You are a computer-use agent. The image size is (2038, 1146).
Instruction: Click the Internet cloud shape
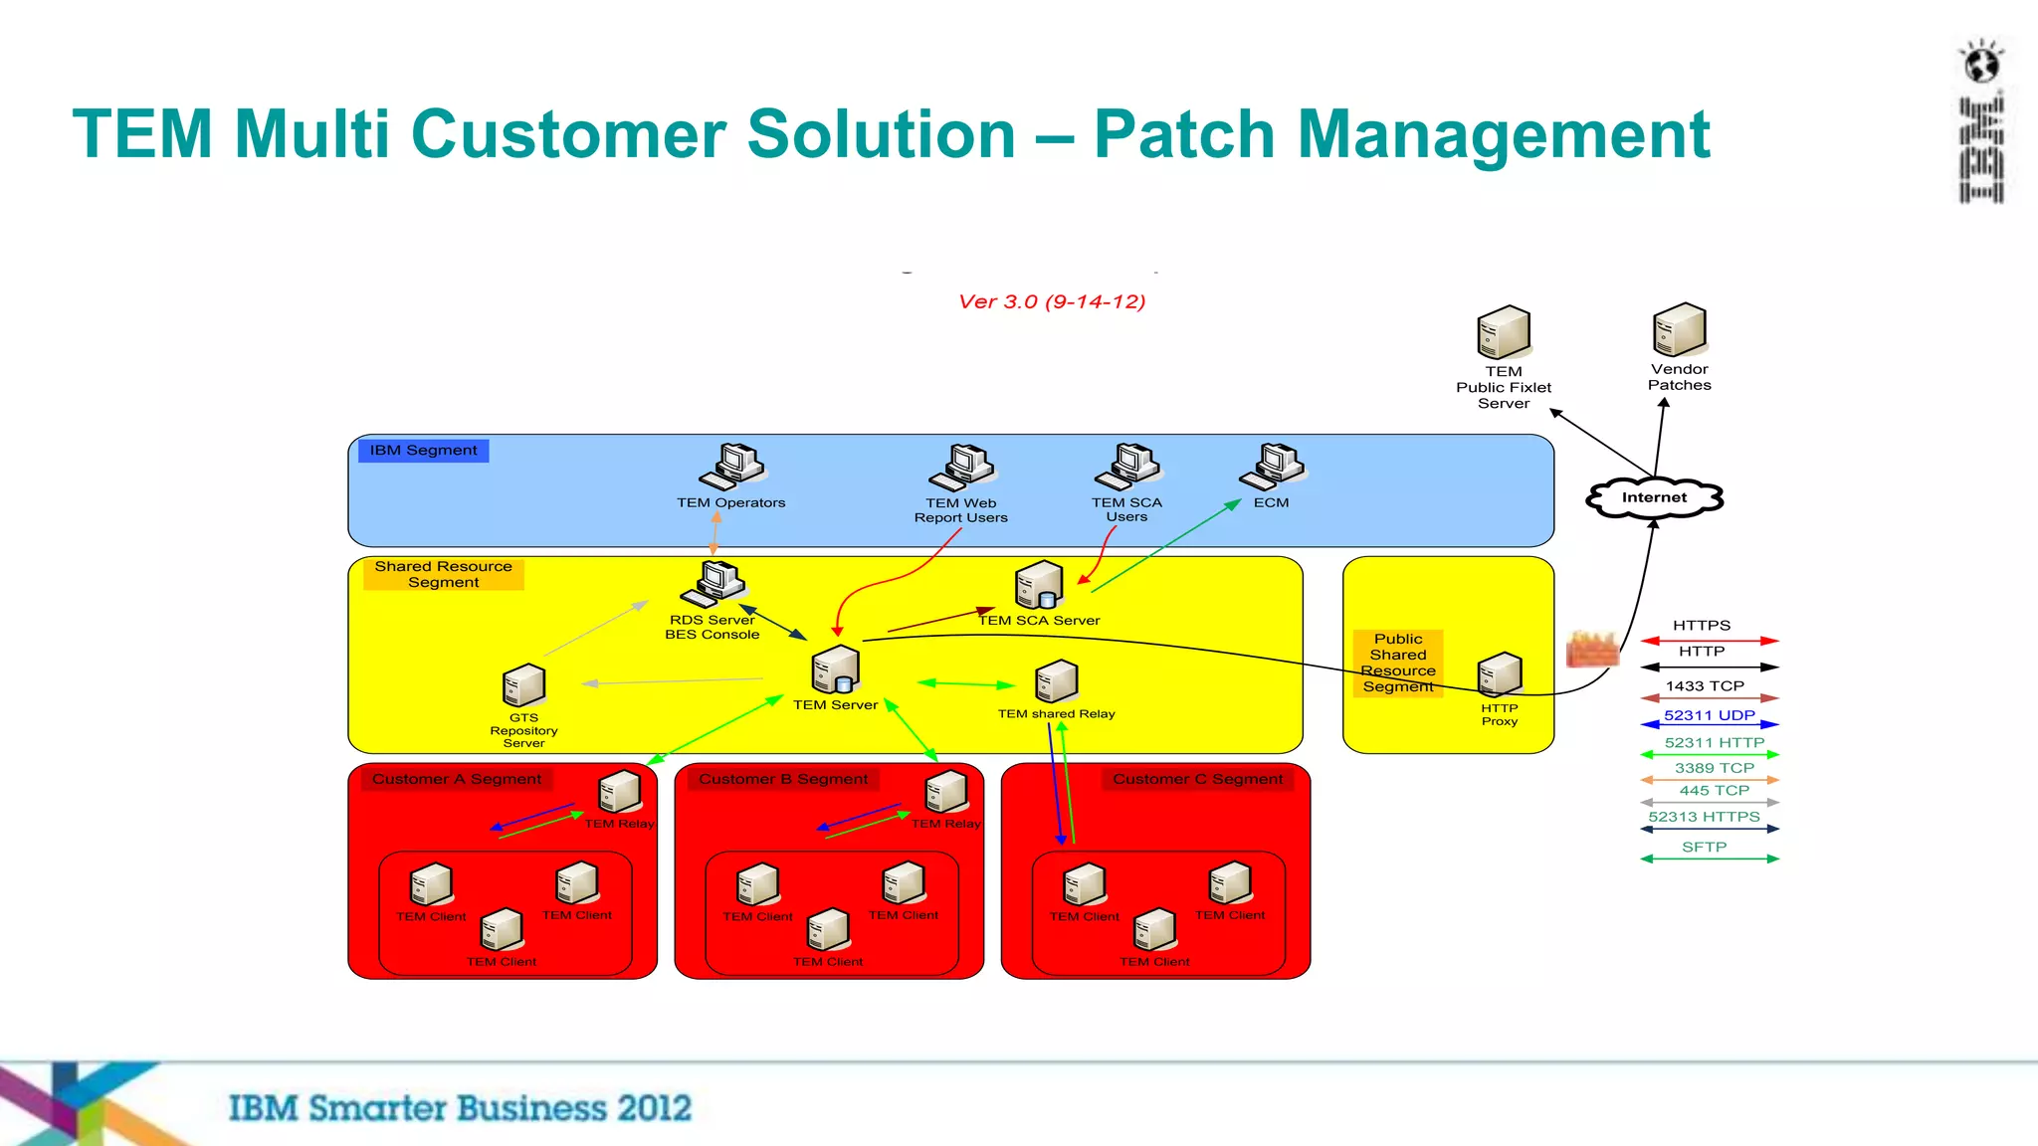[x=1654, y=497]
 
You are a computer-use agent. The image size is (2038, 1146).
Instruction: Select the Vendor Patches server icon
[x=1680, y=331]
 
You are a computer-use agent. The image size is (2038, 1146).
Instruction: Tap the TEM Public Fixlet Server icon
[x=1504, y=333]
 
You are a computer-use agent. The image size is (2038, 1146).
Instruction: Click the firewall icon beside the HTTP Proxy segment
[x=1591, y=650]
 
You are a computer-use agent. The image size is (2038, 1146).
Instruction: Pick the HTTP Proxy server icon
[x=1500, y=675]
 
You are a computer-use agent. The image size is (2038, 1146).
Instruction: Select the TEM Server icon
[x=836, y=670]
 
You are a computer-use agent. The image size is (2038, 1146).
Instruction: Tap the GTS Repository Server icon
[x=524, y=685]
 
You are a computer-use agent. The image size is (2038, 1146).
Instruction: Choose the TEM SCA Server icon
[x=1039, y=585]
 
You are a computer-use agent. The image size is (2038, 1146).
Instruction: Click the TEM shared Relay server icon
[x=1057, y=682]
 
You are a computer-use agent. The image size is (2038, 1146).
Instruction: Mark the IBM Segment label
[x=423, y=451]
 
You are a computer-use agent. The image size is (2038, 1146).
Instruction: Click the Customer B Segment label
[x=783, y=779]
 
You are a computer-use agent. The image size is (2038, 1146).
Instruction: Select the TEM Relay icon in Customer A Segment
[x=620, y=792]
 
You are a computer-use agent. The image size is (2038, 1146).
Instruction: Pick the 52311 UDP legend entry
[x=1709, y=716]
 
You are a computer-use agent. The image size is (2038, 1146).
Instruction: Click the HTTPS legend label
[x=1702, y=626]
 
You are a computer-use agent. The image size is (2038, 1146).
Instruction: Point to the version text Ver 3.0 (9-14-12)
[x=1052, y=301]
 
